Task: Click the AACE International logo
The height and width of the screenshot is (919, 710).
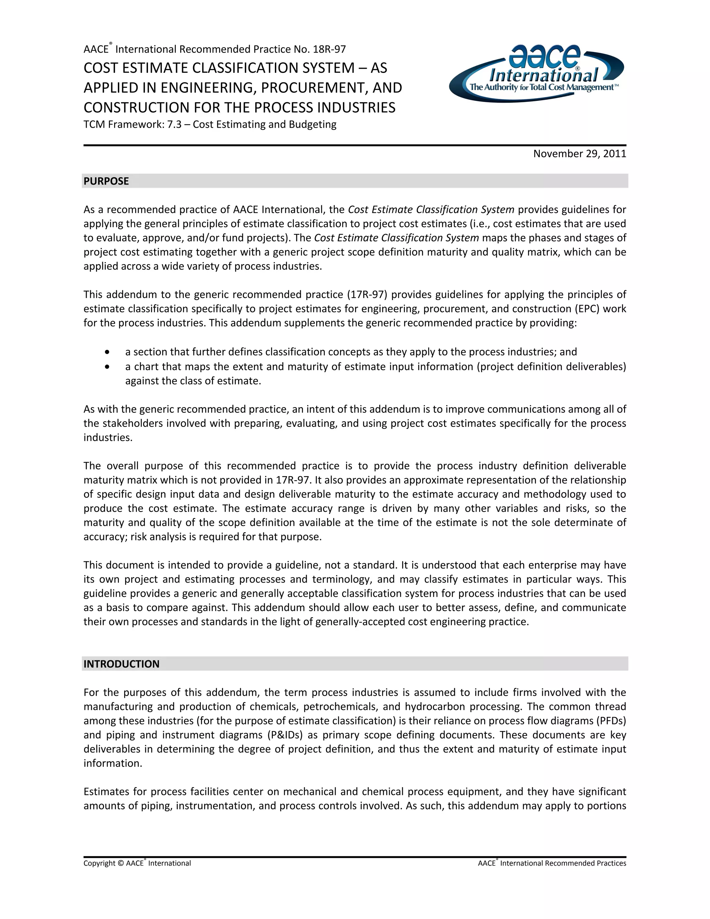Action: (536, 72)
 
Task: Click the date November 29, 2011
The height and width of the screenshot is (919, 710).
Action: (579, 154)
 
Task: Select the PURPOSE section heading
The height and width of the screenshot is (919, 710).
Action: (106, 181)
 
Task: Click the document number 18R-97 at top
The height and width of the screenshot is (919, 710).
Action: (329, 49)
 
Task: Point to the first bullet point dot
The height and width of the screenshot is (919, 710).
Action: (109, 351)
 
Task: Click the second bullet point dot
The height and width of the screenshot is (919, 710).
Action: (109, 367)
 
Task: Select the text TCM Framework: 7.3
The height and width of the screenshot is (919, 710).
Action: (136, 124)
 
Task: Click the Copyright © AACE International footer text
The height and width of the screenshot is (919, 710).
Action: (137, 864)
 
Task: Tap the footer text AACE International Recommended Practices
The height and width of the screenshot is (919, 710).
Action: (552, 864)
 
